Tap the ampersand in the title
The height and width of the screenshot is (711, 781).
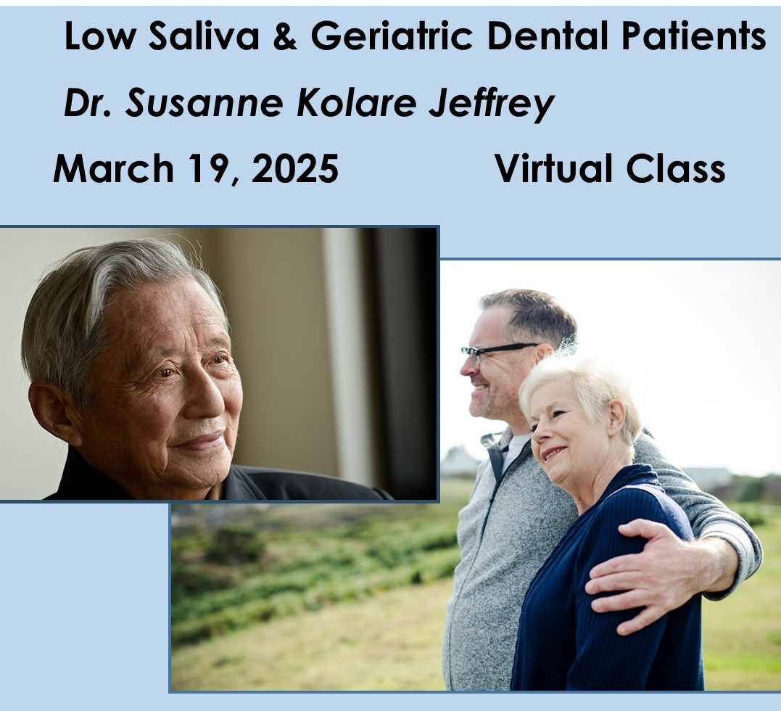pyautogui.click(x=286, y=36)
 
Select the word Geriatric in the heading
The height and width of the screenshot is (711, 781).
pyautogui.click(x=392, y=36)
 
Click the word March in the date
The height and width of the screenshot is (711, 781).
pyautogui.click(x=114, y=168)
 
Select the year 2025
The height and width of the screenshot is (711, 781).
pyautogui.click(x=295, y=168)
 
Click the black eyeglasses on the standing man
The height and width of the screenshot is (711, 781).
pyautogui.click(x=498, y=352)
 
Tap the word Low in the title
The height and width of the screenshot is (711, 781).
pyautogui.click(x=99, y=36)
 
